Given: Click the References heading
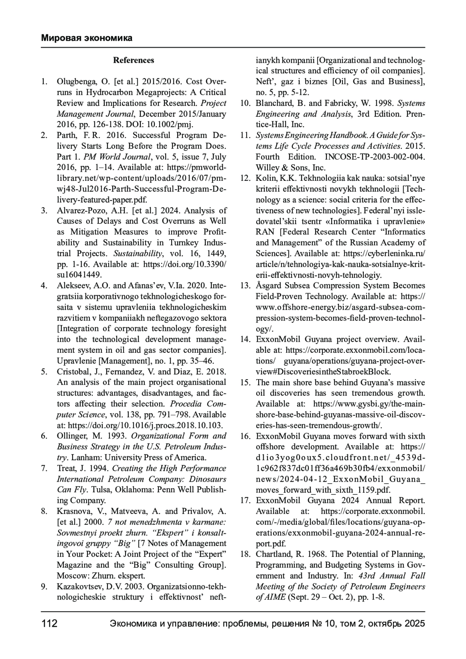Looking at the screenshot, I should (x=133, y=60).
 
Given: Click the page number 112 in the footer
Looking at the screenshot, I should (x=49, y=624).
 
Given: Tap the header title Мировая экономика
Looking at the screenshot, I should (x=87, y=38).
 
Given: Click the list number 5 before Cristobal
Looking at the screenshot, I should (x=44, y=371).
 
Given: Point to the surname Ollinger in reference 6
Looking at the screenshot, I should (x=72, y=436).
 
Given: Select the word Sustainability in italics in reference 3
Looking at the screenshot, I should (x=137, y=253).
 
